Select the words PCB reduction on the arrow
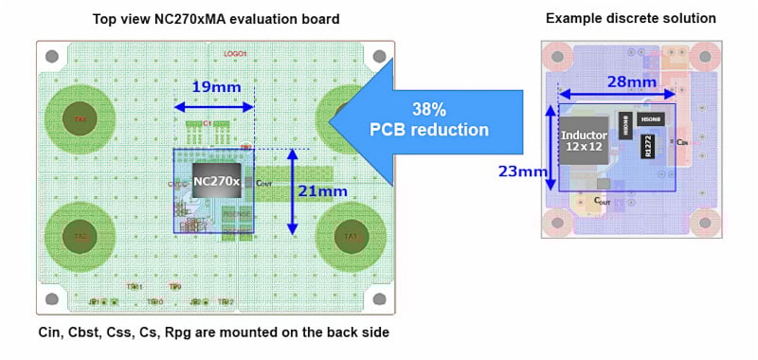click(441, 130)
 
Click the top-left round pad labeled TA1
click(81, 119)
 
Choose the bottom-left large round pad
click(81, 236)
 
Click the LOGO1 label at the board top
click(234, 54)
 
